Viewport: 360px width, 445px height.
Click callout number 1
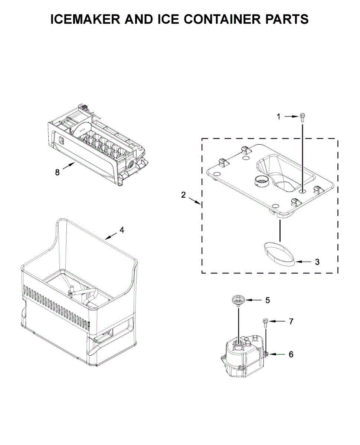(279, 117)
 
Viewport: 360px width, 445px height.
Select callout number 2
(183, 195)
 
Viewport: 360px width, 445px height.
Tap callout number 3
(317, 262)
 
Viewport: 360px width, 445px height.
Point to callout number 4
(122, 230)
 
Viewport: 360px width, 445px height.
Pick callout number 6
(291, 355)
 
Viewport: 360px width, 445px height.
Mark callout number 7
(291, 322)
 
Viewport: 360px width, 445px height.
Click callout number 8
(57, 172)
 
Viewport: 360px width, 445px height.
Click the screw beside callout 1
(302, 118)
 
